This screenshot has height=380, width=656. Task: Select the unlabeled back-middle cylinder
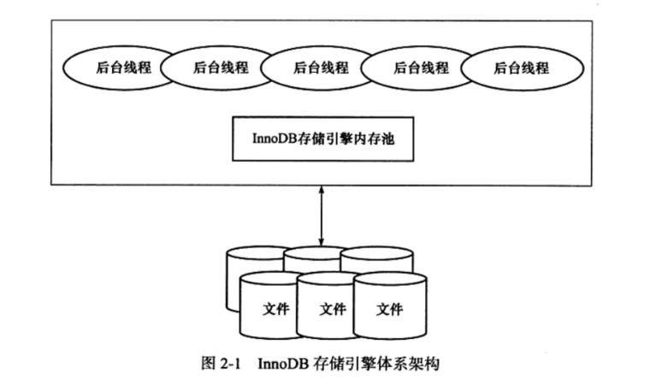311,255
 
